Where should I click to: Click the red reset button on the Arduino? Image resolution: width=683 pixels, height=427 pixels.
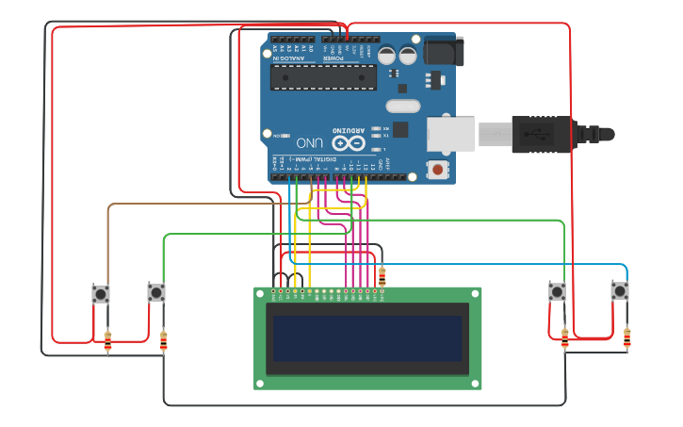[437, 170]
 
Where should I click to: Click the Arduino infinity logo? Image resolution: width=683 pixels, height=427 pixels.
[346, 142]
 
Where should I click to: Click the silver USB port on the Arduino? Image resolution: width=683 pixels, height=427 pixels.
[450, 134]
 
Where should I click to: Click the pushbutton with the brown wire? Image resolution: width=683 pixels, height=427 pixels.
[101, 294]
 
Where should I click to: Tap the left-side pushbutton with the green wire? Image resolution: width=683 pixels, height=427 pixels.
[156, 293]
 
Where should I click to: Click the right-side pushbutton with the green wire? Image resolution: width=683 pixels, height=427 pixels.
[558, 291]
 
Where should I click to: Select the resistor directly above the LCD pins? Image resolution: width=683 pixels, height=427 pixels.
[382, 276]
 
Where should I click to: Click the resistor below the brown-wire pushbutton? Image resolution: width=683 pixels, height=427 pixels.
[107, 341]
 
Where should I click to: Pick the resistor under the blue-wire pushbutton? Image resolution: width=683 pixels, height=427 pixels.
[626, 337]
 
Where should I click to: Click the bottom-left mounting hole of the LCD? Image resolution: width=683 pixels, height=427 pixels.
[259, 384]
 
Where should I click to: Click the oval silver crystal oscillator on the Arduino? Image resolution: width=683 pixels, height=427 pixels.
[401, 106]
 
